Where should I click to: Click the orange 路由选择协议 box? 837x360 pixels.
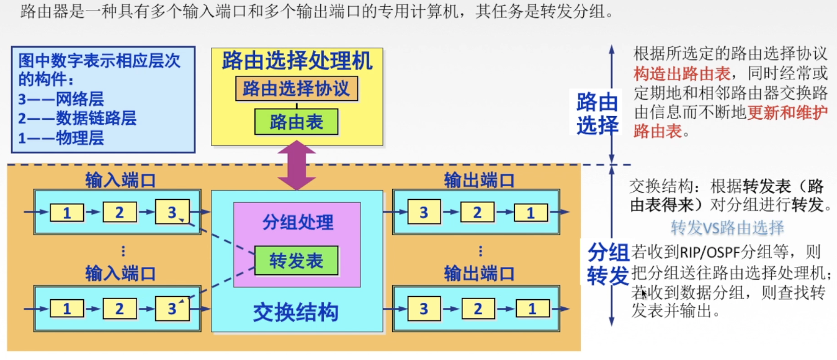pyautogui.click(x=296, y=89)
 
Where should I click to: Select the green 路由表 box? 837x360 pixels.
pyautogui.click(x=297, y=122)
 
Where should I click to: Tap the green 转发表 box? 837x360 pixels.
pyautogui.click(x=297, y=261)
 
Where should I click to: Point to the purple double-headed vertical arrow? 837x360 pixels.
pyautogui.click(x=297, y=165)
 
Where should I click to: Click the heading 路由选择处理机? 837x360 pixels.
pyautogui.click(x=297, y=61)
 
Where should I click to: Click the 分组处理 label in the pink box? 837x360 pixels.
pyautogui.click(x=297, y=222)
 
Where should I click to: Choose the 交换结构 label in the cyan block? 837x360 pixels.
pyautogui.click(x=296, y=312)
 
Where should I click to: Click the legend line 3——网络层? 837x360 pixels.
pyautogui.click(x=61, y=99)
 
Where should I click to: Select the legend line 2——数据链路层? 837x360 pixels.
pyautogui.click(x=77, y=118)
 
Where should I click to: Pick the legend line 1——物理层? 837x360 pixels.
pyautogui.click(x=61, y=138)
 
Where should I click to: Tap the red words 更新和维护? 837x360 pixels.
pyautogui.click(x=787, y=113)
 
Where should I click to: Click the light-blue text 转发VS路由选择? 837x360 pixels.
pyautogui.click(x=727, y=228)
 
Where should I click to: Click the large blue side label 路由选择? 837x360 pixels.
pyautogui.click(x=597, y=114)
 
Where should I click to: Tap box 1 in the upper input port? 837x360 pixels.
pyautogui.click(x=66, y=213)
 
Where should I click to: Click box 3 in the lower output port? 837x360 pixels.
pyautogui.click(x=424, y=308)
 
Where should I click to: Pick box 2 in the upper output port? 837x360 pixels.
pyautogui.click(x=477, y=213)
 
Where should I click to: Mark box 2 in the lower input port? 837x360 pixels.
pyautogui.click(x=119, y=308)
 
